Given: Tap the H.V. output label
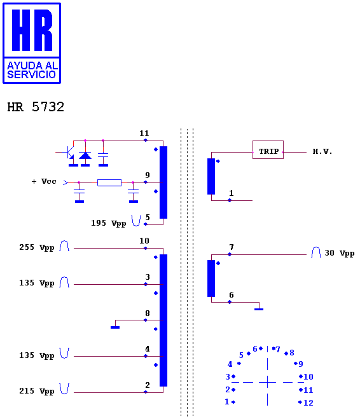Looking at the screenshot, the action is click(x=322, y=151).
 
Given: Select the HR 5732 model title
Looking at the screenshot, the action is click(x=36, y=107).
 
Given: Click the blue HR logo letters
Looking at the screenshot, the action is click(x=32, y=30).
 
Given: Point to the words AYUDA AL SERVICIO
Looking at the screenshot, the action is click(x=32, y=70).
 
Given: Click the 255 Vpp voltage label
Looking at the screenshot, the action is click(x=37, y=247).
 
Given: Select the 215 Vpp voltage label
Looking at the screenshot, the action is click(x=37, y=391).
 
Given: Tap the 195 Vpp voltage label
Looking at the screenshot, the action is click(x=108, y=223).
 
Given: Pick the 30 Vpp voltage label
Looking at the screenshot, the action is click(x=340, y=253).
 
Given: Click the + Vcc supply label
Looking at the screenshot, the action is click(x=44, y=181).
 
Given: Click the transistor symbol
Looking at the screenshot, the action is click(x=68, y=153).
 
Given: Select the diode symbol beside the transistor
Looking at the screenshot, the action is click(x=85, y=155).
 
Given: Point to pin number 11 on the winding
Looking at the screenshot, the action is click(x=144, y=133).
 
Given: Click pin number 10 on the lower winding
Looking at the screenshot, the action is click(x=144, y=241).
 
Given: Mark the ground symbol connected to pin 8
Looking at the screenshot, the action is click(x=115, y=327).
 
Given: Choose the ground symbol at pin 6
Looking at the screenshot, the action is click(x=259, y=309).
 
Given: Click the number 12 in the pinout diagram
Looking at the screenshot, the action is click(x=308, y=402).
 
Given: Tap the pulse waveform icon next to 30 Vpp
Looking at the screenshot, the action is click(x=316, y=252).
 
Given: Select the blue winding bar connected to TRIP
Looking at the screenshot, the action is click(x=211, y=176).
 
